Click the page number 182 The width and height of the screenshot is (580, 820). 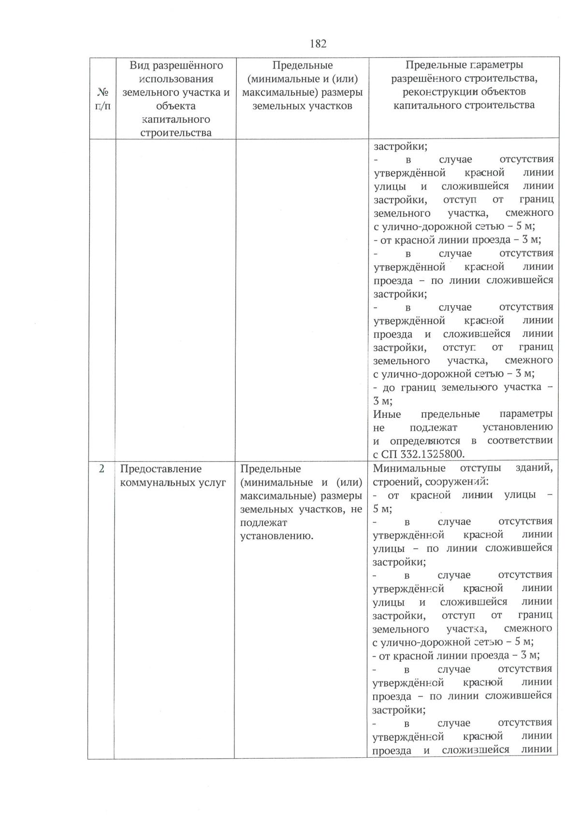pos(318,44)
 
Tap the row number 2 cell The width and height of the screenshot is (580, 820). pos(101,469)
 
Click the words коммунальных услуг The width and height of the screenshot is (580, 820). pos(173,482)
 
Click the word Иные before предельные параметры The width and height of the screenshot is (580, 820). pos(387,414)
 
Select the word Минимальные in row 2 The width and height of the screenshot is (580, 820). pos(409,468)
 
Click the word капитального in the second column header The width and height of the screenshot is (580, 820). pos(175,119)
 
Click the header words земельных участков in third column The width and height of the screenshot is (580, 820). pos(302,106)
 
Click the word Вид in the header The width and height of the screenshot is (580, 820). pos(139,65)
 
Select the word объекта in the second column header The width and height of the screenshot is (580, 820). pos(175,106)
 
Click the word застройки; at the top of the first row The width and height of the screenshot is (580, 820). pos(401,146)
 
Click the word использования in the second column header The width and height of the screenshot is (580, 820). pos(175,79)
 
